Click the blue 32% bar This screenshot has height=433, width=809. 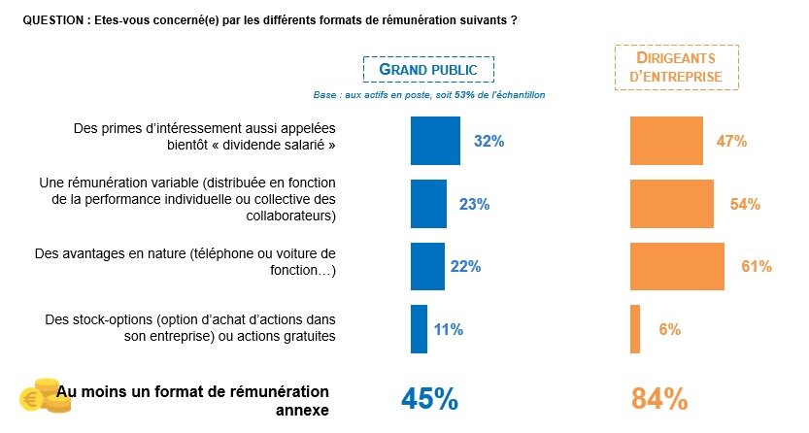[435, 141]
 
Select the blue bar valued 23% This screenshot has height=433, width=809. [428, 203]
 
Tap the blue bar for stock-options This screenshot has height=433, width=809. [419, 329]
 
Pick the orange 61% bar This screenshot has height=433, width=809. [677, 266]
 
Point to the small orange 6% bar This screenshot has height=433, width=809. [635, 329]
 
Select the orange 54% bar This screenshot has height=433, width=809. [671, 203]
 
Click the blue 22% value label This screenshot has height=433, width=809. [465, 266]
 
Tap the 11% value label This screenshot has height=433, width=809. [448, 329]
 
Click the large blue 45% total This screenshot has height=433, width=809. [429, 399]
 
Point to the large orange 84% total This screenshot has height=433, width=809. [659, 399]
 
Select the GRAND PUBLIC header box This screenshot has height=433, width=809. [428, 70]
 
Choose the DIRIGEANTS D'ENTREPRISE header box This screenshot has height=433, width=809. [676, 67]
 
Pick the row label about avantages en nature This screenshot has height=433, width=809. [185, 262]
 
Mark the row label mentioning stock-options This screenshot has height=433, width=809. [190, 327]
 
